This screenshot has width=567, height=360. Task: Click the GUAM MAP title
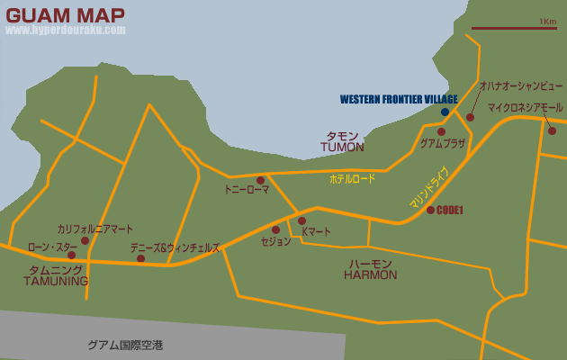coord(65,14)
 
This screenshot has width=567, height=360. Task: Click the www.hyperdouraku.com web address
coord(65,30)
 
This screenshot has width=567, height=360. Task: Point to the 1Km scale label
coord(547,21)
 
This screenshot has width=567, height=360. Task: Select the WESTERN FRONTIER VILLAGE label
coord(399,99)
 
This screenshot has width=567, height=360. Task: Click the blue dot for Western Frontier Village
coord(445,112)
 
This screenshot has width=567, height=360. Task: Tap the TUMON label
coord(342,147)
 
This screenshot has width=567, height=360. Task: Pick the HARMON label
coord(370,274)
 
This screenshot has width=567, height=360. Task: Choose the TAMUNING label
coord(56,281)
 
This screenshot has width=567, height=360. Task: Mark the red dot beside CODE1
coord(430,210)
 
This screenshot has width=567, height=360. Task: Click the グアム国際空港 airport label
coord(125,345)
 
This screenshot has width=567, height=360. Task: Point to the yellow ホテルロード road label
coord(352,179)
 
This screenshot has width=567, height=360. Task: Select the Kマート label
coord(316,231)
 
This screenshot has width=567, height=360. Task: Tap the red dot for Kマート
coord(301,220)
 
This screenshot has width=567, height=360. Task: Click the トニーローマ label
coord(247,191)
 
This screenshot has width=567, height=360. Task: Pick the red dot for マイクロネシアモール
coord(553,130)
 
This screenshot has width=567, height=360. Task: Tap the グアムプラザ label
coord(443,143)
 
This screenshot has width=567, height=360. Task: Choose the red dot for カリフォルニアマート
coord(85,240)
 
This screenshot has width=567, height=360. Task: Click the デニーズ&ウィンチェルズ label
coord(175,247)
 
